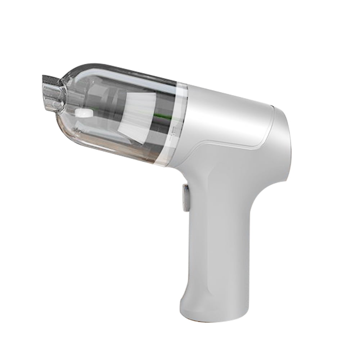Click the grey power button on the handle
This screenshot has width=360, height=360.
click(186, 198)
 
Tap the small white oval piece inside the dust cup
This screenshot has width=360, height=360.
click(83, 114)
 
